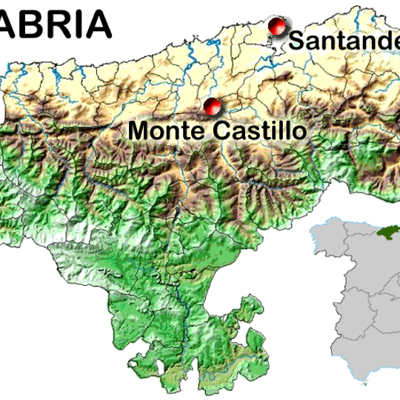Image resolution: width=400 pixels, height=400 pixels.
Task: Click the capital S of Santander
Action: (296, 41)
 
